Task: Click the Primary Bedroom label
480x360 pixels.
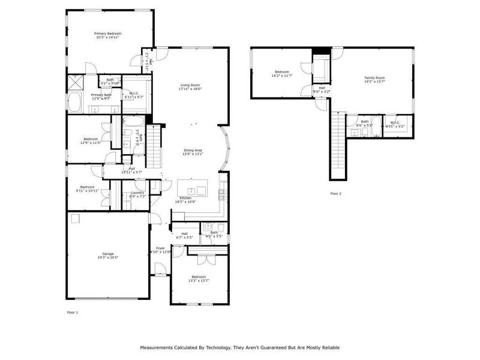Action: (x=107, y=33)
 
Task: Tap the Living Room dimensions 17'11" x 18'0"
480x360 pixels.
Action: (x=190, y=89)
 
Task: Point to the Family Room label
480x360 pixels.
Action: (x=374, y=77)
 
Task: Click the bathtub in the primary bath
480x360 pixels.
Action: (x=76, y=103)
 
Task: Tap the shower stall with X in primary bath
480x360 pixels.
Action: (x=76, y=82)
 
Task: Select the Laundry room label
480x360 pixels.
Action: (x=137, y=193)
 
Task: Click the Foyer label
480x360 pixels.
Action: (x=160, y=248)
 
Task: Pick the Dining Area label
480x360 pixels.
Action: (x=193, y=150)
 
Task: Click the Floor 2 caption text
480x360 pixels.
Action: (x=336, y=194)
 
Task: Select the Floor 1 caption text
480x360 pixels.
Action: (x=72, y=313)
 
